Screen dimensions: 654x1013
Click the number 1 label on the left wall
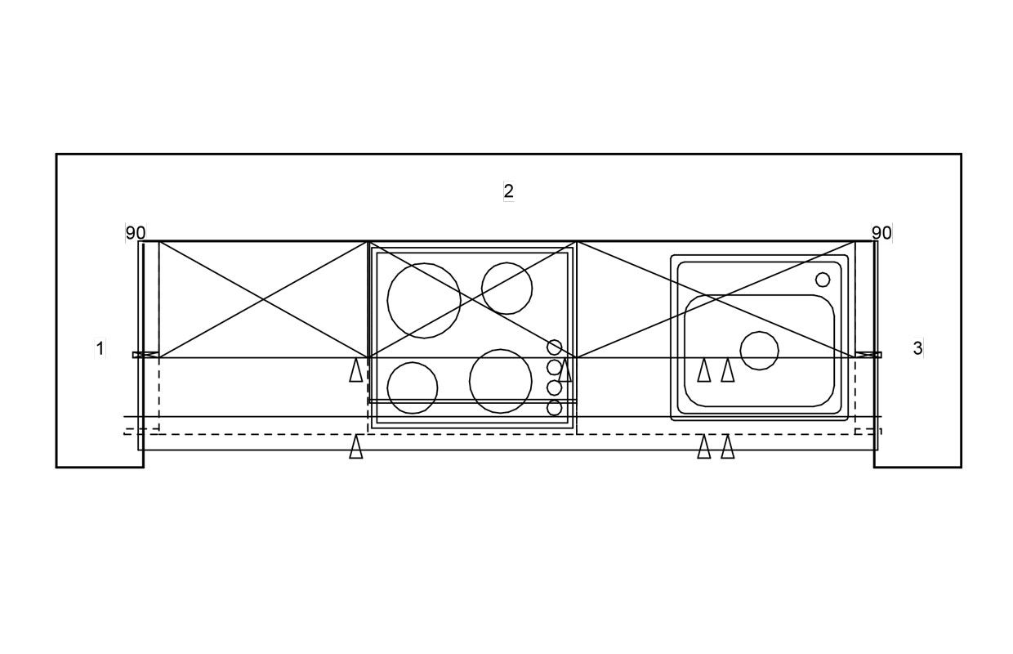click(100, 348)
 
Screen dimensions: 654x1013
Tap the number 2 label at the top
click(508, 191)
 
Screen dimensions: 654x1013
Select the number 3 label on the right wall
click(917, 348)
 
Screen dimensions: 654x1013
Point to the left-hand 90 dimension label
click(135, 233)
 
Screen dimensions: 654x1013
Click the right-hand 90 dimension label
click(881, 233)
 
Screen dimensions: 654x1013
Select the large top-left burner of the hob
click(424, 300)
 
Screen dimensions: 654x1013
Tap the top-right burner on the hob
click(506, 289)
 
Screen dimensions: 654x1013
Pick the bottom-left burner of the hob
click(413, 387)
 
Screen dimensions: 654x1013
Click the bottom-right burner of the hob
click(501, 381)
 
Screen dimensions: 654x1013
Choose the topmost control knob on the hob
click(555, 347)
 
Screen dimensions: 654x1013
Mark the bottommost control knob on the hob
click(555, 408)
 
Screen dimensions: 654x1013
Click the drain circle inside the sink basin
click(759, 351)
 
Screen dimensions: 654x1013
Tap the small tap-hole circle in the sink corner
click(823, 280)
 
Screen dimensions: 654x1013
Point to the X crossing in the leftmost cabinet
click(263, 300)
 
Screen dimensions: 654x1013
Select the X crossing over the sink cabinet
click(716, 300)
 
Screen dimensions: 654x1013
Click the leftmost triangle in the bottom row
click(356, 447)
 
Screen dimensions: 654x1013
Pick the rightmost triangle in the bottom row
click(728, 447)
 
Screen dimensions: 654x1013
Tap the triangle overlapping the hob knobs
click(565, 370)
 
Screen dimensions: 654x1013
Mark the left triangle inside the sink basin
click(703, 370)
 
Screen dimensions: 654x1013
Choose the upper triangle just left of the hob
click(356, 370)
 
